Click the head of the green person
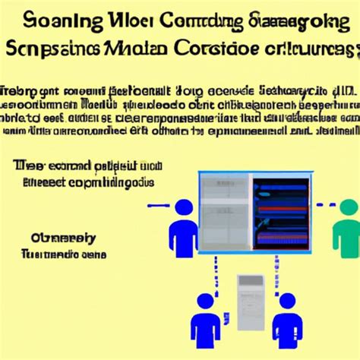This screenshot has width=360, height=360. point(349,208)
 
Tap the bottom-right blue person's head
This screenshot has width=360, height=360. point(286,303)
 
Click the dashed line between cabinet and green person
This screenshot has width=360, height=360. point(324,205)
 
